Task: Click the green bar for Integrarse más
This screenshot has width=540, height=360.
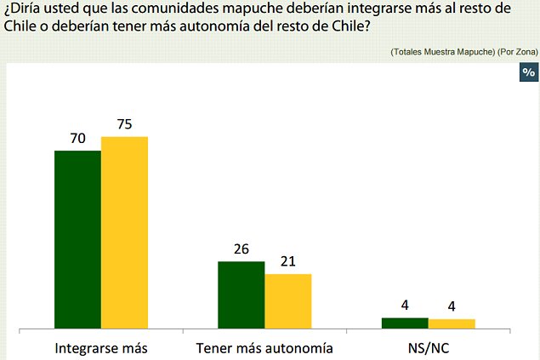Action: coord(78,239)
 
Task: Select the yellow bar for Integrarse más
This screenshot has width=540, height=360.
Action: coord(124,231)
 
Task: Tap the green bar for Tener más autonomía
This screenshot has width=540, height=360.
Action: coord(242,294)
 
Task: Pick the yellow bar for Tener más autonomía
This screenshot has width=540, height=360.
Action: coord(287,300)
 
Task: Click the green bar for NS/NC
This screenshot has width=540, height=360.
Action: coord(405,323)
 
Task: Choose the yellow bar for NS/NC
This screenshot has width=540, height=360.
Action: coord(451,323)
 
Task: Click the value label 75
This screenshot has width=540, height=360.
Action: coord(124,124)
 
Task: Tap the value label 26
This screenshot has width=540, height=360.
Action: coord(242,249)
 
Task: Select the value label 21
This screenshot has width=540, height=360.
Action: coord(287,262)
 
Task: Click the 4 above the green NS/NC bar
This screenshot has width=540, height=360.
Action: coord(405,306)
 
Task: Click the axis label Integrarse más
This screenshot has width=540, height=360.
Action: coord(101,347)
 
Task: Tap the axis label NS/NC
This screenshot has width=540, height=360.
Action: coord(428,347)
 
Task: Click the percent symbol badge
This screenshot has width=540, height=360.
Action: coord(528,72)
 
